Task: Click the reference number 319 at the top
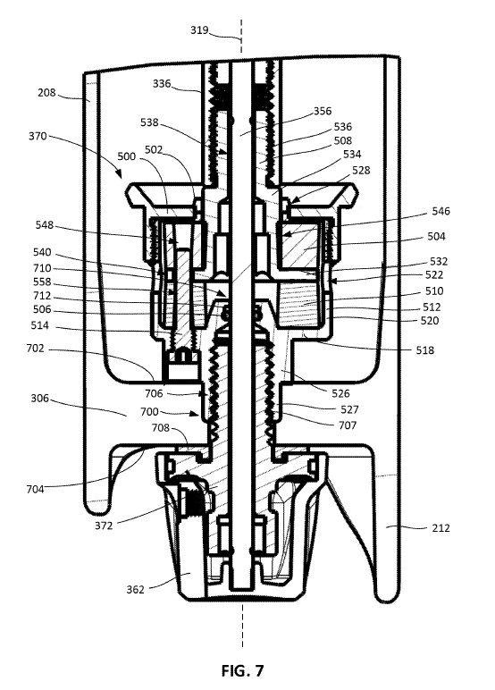pos(199,30)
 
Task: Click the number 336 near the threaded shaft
pos(163,86)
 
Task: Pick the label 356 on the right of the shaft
pos(322,113)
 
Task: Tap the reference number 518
pos(424,350)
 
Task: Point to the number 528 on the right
pos(361,169)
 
